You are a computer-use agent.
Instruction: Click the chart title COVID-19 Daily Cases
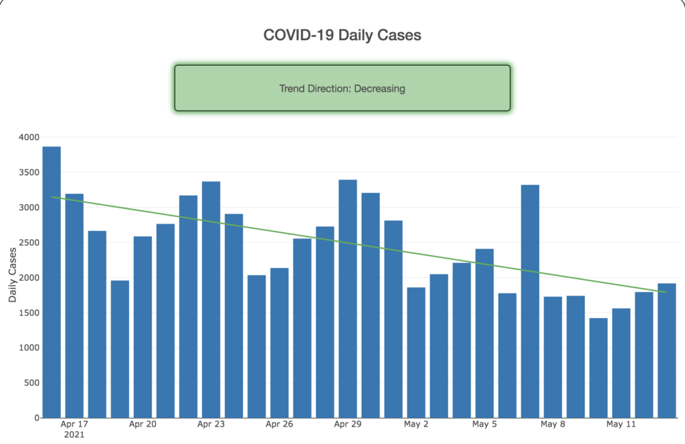point(342,35)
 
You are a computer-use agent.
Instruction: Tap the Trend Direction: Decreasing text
point(342,88)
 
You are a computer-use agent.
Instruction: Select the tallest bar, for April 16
point(52,281)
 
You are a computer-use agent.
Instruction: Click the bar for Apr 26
point(280,342)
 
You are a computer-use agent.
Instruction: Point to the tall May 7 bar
point(530,301)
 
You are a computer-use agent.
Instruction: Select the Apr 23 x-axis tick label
point(211,425)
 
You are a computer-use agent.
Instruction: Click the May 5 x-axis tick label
point(484,425)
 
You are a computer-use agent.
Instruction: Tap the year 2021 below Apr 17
point(74,435)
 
